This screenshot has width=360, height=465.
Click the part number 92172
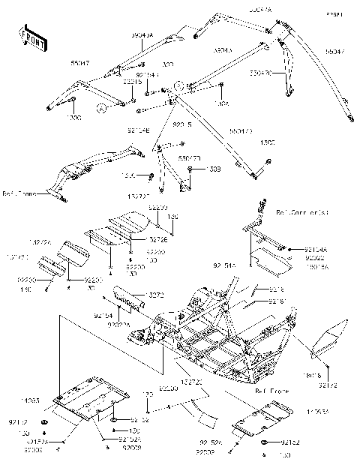(x=328, y=385)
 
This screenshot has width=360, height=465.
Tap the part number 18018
(x=312, y=375)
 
